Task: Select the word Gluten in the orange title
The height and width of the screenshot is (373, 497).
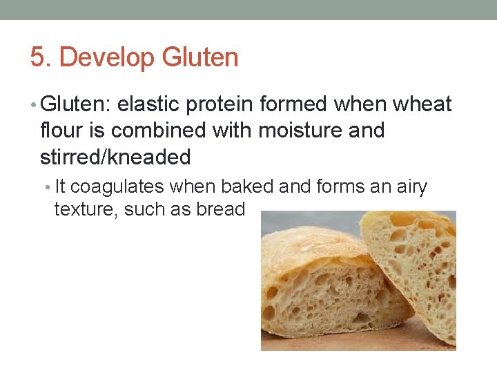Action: click(x=200, y=57)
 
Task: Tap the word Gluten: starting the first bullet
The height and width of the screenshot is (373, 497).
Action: click(x=76, y=105)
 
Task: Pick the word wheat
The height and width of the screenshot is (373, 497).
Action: click(x=422, y=105)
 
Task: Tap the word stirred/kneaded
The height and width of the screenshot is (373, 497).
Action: click(x=115, y=157)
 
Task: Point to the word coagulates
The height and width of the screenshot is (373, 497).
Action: click(x=118, y=187)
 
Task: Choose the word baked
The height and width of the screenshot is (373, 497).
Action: click(x=245, y=187)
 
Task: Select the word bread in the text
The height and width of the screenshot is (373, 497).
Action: click(x=221, y=209)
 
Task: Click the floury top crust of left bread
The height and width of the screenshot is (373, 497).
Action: click(x=304, y=242)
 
